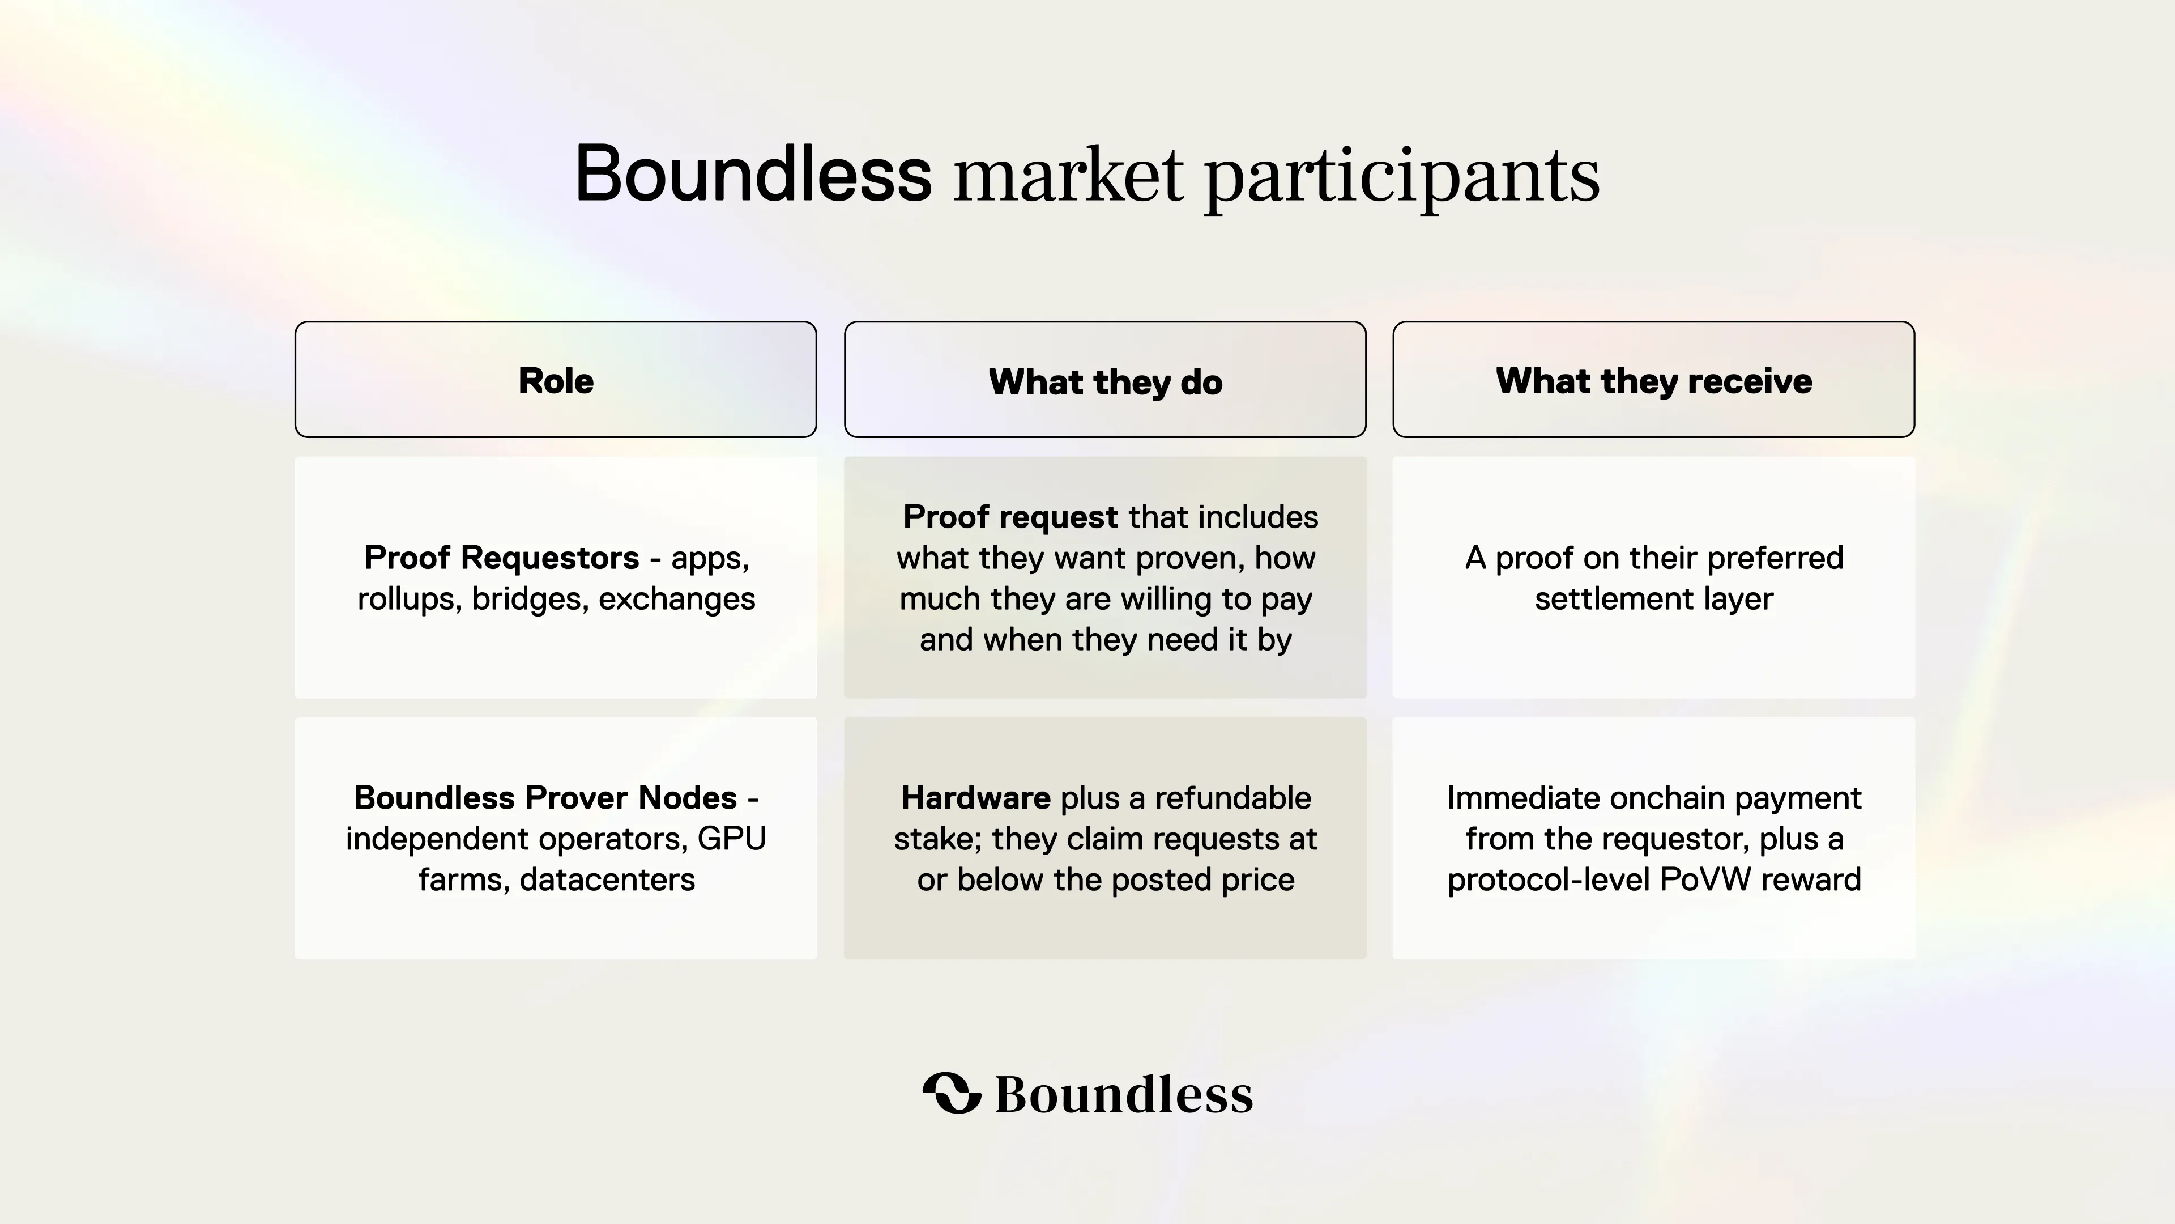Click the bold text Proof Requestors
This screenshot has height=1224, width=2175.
tap(501, 558)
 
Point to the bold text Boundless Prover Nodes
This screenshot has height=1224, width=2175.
tap(545, 797)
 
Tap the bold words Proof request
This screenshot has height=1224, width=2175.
tap(1010, 517)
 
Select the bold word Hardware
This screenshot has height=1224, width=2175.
tap(976, 797)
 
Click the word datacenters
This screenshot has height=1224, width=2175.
tap(607, 879)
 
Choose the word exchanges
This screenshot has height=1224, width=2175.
tap(677, 600)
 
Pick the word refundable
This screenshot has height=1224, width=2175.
tap(1232, 797)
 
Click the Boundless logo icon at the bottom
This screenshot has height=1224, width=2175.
tap(952, 1093)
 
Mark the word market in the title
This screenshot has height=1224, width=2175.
tap(1068, 176)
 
